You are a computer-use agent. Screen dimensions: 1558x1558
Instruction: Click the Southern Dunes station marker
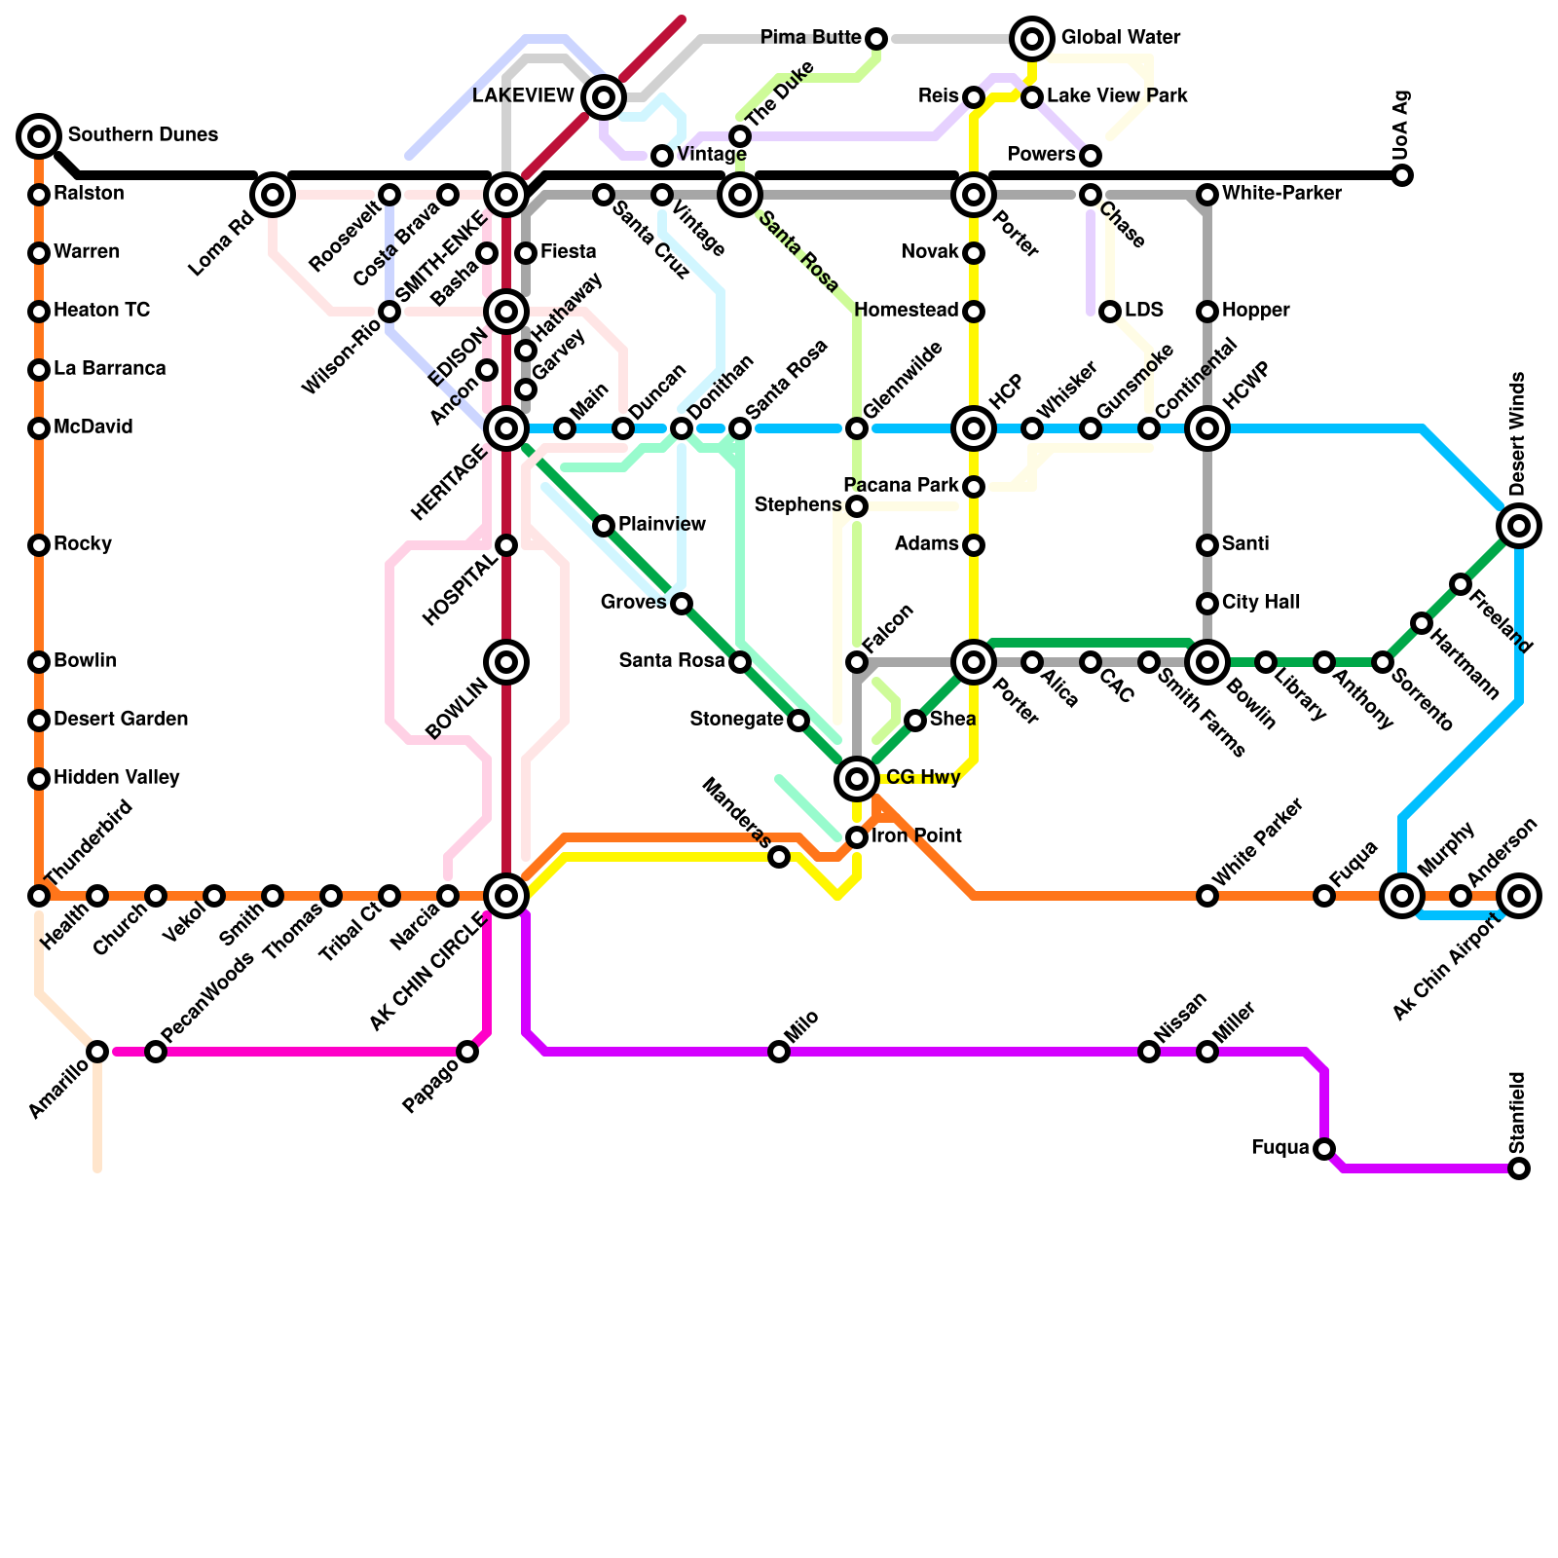click(39, 136)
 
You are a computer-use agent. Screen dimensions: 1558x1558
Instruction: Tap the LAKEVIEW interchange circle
click(604, 96)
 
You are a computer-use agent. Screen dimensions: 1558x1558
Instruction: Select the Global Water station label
click(1120, 38)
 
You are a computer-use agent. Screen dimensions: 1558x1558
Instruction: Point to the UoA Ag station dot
click(1402, 175)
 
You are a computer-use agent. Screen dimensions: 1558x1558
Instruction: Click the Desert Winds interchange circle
click(1519, 526)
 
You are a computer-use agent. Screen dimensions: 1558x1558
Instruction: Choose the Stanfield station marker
click(1519, 1168)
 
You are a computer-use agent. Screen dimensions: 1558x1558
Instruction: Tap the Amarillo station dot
click(97, 1052)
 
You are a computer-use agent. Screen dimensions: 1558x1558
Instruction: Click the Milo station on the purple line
click(779, 1052)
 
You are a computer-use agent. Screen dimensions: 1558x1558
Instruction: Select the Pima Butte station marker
click(876, 39)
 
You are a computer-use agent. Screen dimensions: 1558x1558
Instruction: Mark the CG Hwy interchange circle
click(857, 779)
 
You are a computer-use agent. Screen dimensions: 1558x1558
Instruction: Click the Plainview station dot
click(604, 526)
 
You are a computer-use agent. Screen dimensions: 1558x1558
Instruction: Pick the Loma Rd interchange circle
click(273, 195)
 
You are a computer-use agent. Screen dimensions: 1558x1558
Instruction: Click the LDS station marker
click(1110, 312)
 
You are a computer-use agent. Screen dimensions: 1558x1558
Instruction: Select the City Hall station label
click(1260, 603)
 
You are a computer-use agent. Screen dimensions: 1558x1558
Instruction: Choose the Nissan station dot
click(1149, 1052)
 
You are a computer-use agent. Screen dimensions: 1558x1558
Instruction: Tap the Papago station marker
click(467, 1052)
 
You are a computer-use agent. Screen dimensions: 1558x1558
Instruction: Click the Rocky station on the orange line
click(39, 545)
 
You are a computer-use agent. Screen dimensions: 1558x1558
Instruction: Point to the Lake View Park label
click(1117, 96)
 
